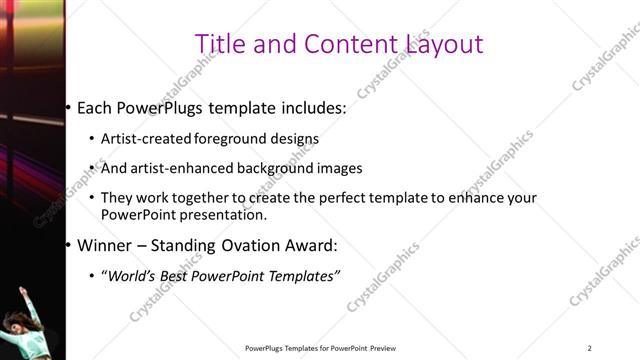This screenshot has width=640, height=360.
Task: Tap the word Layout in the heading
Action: (445, 44)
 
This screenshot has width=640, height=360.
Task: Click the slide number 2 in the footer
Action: (589, 348)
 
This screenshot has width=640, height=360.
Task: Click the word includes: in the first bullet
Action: (311, 107)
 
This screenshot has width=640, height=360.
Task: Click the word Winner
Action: (104, 245)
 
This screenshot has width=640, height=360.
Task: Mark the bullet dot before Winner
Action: (68, 245)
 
